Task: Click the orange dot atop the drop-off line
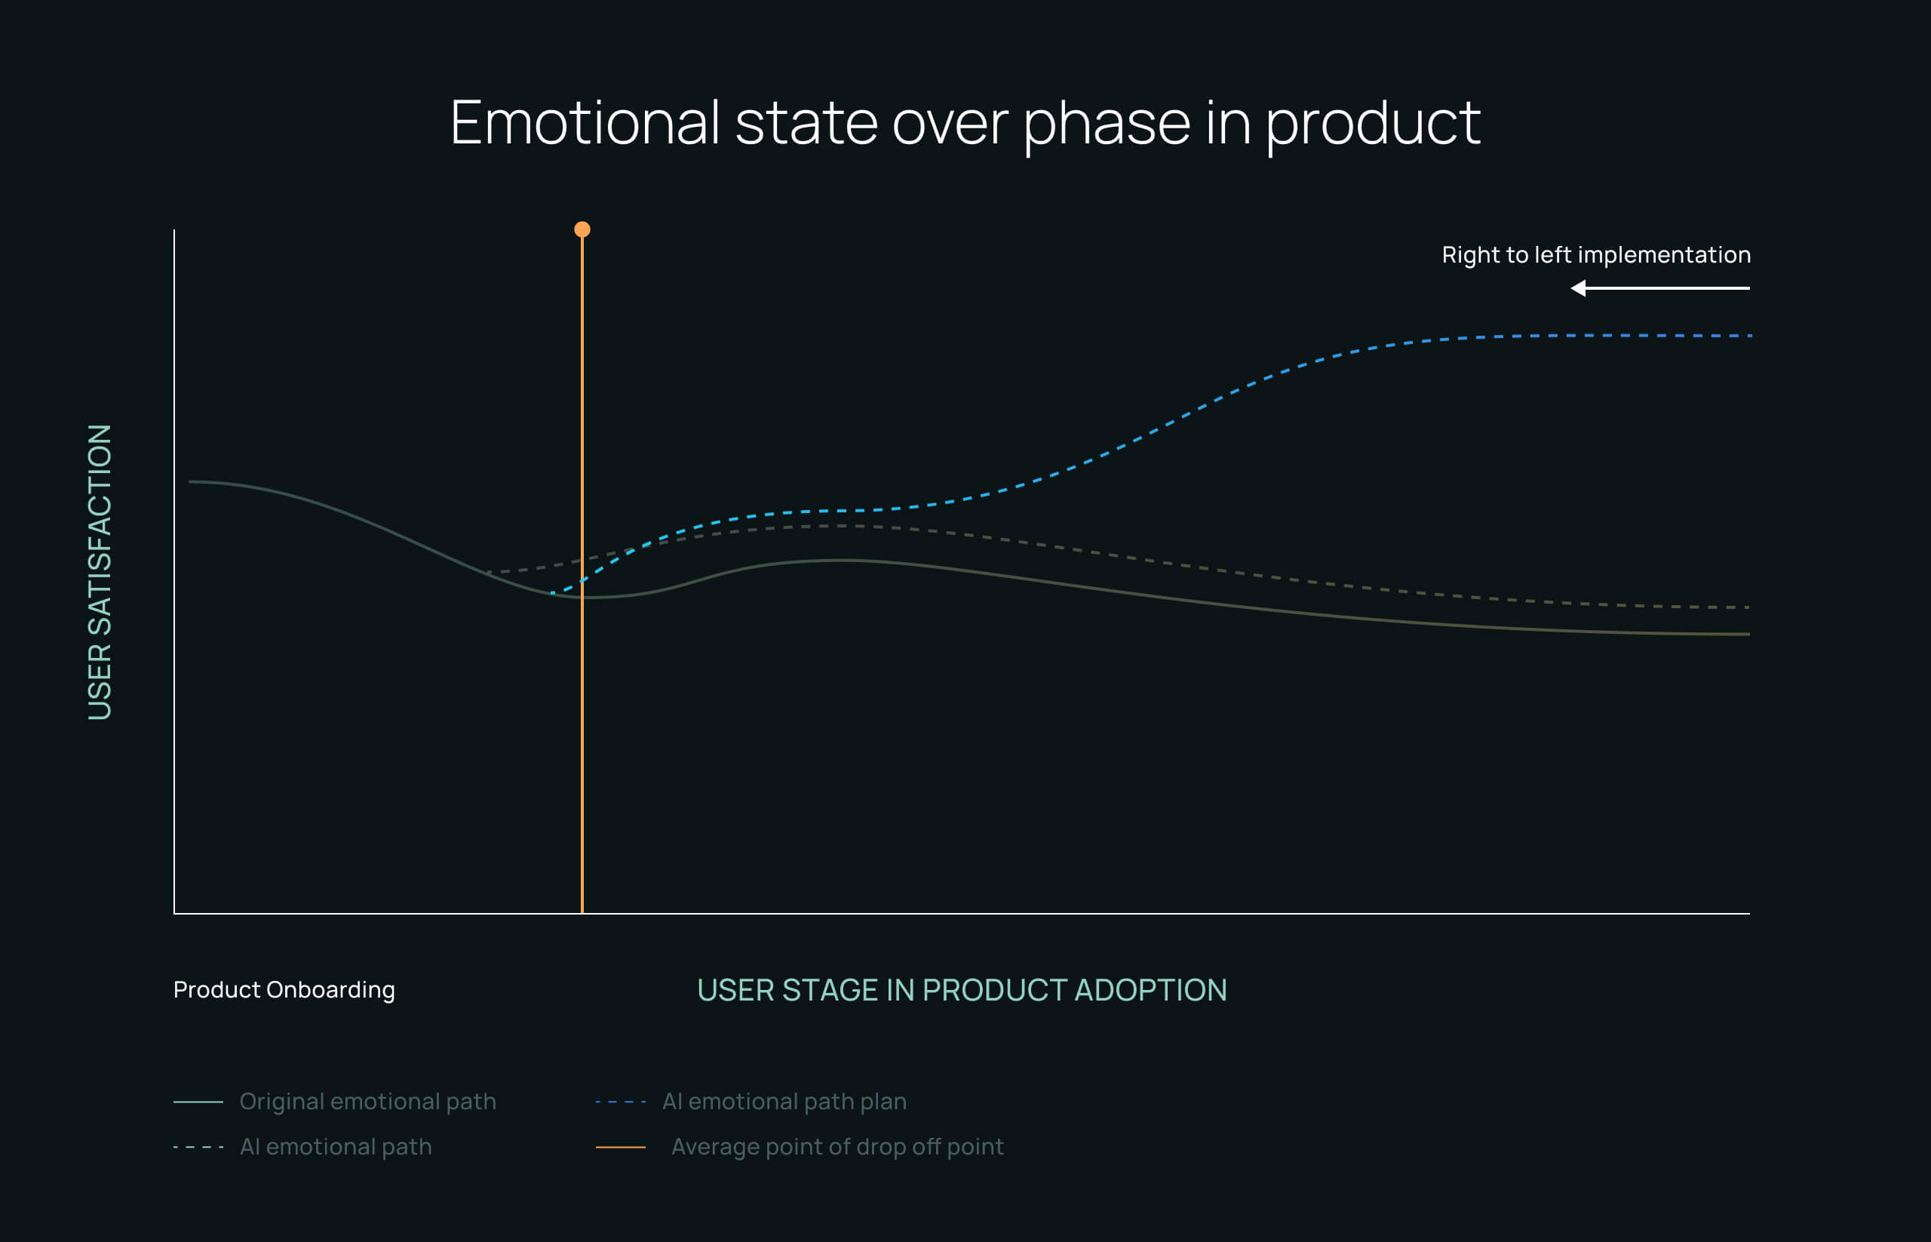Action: coord(582,230)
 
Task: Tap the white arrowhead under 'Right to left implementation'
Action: coord(1579,288)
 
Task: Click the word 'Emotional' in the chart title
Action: coord(585,124)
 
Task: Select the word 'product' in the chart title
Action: coord(1373,124)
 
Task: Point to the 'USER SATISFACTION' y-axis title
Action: coord(99,572)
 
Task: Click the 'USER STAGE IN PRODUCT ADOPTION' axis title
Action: coord(962,989)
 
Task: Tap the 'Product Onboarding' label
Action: coord(284,989)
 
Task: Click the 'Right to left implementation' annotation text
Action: coord(1595,255)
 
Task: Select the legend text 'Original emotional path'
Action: coord(367,1101)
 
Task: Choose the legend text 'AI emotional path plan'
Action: coord(784,1101)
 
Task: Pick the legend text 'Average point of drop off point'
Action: coord(837,1146)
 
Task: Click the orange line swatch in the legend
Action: coord(620,1146)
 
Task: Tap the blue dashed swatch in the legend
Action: coord(620,1101)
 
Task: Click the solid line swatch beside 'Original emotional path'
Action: coord(198,1101)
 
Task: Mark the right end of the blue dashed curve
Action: coord(1748,336)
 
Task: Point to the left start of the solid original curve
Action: coord(191,481)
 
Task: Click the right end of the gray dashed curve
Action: coord(1746,607)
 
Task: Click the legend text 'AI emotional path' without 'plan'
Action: coord(336,1146)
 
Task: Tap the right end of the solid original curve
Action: coord(1747,634)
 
